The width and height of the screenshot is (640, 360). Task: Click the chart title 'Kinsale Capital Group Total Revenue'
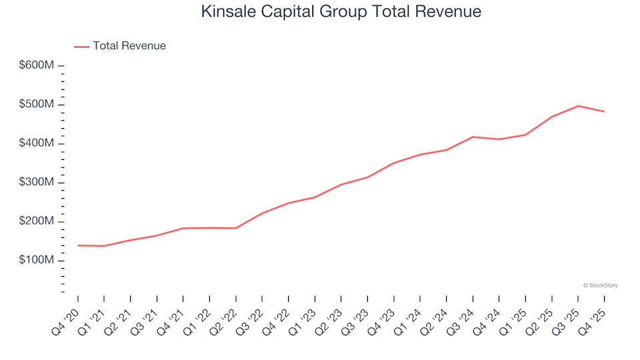[x=340, y=12]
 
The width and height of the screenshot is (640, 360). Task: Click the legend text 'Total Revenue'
[x=129, y=46]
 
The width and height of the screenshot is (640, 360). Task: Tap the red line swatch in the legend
[x=81, y=47]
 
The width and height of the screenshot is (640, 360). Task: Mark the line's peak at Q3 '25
[x=578, y=106]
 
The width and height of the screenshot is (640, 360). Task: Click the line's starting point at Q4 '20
[x=78, y=245]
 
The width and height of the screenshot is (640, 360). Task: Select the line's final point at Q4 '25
[x=604, y=111]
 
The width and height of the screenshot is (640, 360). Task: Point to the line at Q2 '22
[x=236, y=228]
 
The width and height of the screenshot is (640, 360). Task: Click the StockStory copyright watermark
[x=600, y=285]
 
